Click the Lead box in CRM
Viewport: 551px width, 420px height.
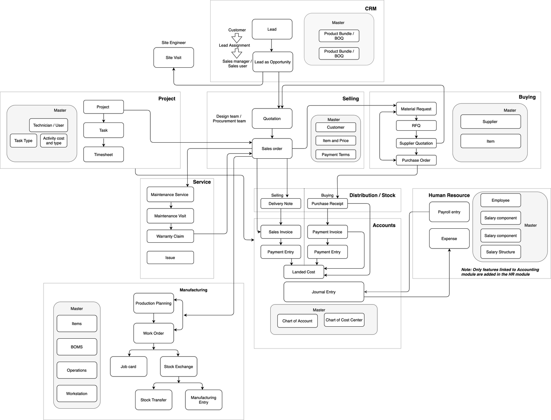click(x=272, y=29)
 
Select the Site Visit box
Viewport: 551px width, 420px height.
click(x=174, y=58)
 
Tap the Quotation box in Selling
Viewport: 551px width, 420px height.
click(x=272, y=119)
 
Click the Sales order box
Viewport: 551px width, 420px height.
click(x=272, y=149)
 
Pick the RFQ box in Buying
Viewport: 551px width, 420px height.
click(x=416, y=126)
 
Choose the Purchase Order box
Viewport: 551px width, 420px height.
click(x=416, y=160)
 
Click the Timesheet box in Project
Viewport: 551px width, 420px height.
click(x=104, y=154)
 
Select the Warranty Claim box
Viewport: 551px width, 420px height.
click(x=170, y=236)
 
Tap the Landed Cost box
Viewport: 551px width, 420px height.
click(x=304, y=272)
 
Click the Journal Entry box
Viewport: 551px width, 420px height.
click(x=324, y=292)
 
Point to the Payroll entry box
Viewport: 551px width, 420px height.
click(x=449, y=212)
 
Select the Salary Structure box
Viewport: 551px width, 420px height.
click(x=500, y=252)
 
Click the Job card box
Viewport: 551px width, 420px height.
click(x=129, y=366)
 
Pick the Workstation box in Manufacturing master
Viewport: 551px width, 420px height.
click(x=77, y=394)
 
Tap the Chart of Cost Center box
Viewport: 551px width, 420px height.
click(x=344, y=320)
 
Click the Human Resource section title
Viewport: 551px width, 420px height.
click(x=449, y=195)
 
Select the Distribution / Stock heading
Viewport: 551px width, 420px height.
click(x=372, y=195)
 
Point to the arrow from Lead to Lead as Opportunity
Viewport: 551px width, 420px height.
click(x=271, y=45)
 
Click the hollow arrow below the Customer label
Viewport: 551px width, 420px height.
click(x=237, y=38)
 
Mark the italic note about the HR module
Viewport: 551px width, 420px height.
click(x=500, y=272)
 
